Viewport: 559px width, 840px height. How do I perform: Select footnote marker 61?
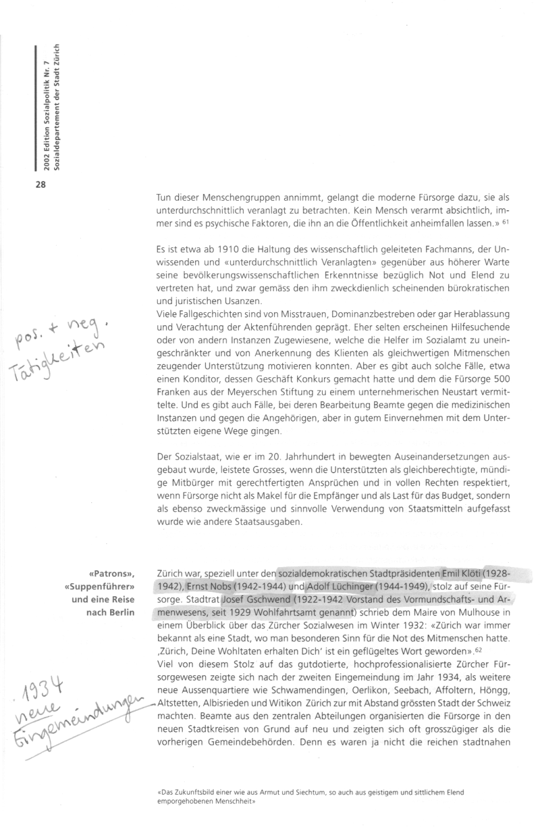tap(506, 223)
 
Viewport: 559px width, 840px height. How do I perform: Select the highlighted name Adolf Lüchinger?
tap(336, 586)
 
